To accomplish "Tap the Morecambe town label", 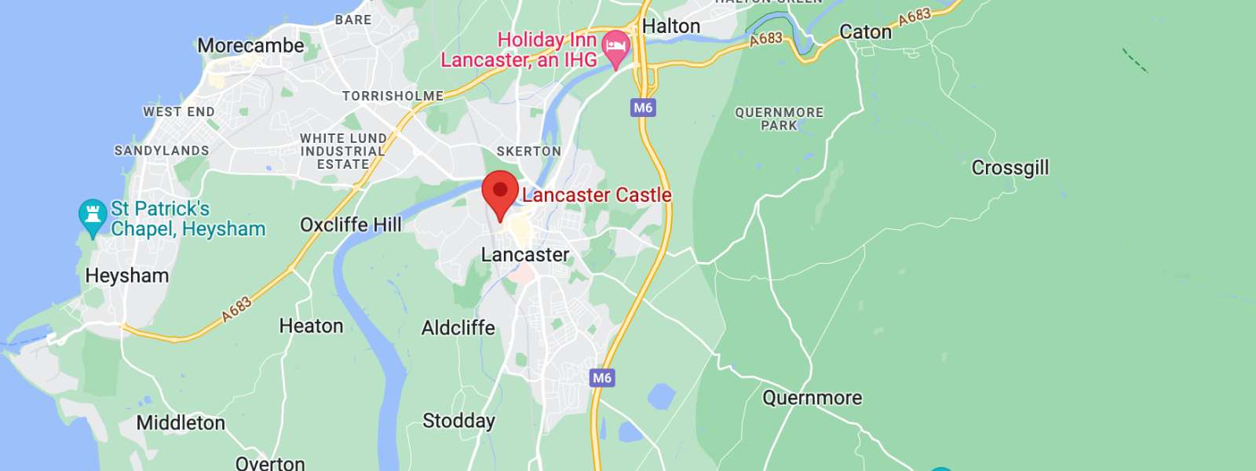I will [250, 46].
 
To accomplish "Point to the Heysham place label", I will [127, 276].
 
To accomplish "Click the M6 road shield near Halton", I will [643, 108].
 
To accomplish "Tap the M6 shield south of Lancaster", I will [602, 378].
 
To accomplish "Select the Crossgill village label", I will [1010, 168].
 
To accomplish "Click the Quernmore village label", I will [812, 398].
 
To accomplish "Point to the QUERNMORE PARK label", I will [779, 119].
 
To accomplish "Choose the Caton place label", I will [865, 32].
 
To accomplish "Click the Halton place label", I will [670, 26].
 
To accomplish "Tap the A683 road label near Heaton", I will [235, 309].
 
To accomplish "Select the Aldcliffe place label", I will [458, 327].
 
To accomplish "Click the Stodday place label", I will [458, 421].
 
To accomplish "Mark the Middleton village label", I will [181, 423].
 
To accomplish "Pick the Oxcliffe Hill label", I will [350, 225].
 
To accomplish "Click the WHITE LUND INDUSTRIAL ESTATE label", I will [343, 152].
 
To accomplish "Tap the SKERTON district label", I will [528, 151].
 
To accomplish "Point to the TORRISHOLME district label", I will [392, 96].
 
